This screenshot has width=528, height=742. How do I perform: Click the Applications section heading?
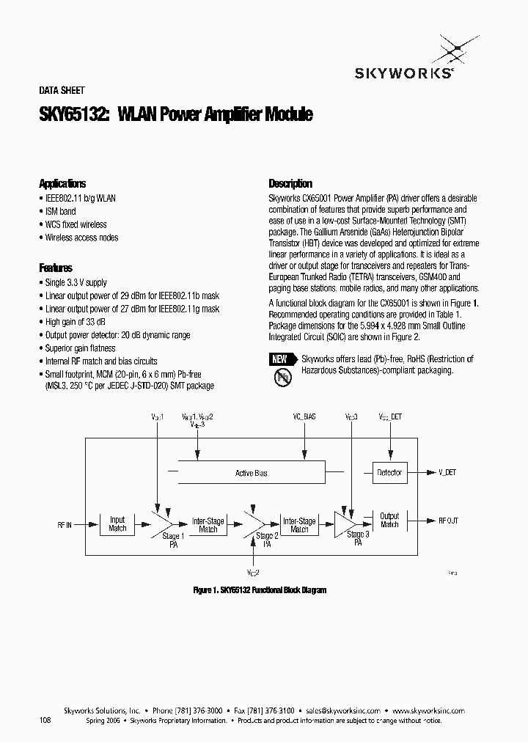(x=62, y=184)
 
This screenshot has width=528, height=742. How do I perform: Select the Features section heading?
(x=56, y=268)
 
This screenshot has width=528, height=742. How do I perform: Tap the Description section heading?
(x=290, y=184)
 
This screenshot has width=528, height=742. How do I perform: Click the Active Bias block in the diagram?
(x=251, y=474)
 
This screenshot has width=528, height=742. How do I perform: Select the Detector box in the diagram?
(x=389, y=473)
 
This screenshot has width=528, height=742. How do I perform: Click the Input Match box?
(x=117, y=524)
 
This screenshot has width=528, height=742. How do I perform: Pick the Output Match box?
(x=389, y=521)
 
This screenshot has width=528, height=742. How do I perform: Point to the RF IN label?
(x=65, y=525)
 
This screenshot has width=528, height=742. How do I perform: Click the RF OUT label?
(x=448, y=521)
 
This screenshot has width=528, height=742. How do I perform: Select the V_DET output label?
(x=447, y=473)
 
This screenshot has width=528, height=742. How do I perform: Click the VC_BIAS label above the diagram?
(x=303, y=416)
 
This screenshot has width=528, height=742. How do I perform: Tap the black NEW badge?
(x=279, y=359)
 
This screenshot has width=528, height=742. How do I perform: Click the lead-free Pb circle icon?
(x=282, y=378)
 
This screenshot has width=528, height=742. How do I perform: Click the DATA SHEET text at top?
(x=62, y=91)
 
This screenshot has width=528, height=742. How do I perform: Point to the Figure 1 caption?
(x=260, y=590)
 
